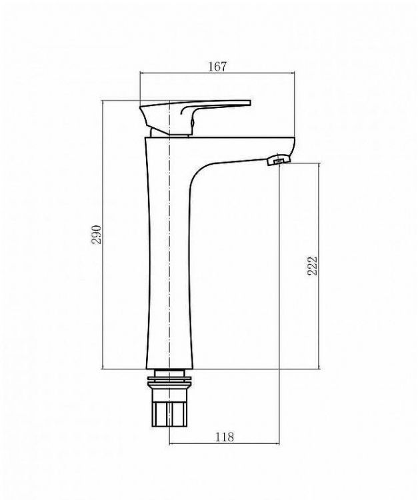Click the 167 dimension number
point(217,67)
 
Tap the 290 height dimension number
point(96,235)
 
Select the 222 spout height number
point(312,265)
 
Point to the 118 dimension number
point(225,437)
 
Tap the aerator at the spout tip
point(278,160)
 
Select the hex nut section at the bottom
point(169,415)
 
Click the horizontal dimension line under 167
point(217,73)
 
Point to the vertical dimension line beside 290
point(103,235)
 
